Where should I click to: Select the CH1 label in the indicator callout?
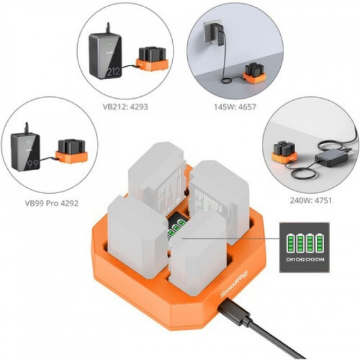pyautogui.click(x=289, y=259)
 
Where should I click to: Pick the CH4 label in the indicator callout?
pyautogui.click(x=320, y=259)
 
